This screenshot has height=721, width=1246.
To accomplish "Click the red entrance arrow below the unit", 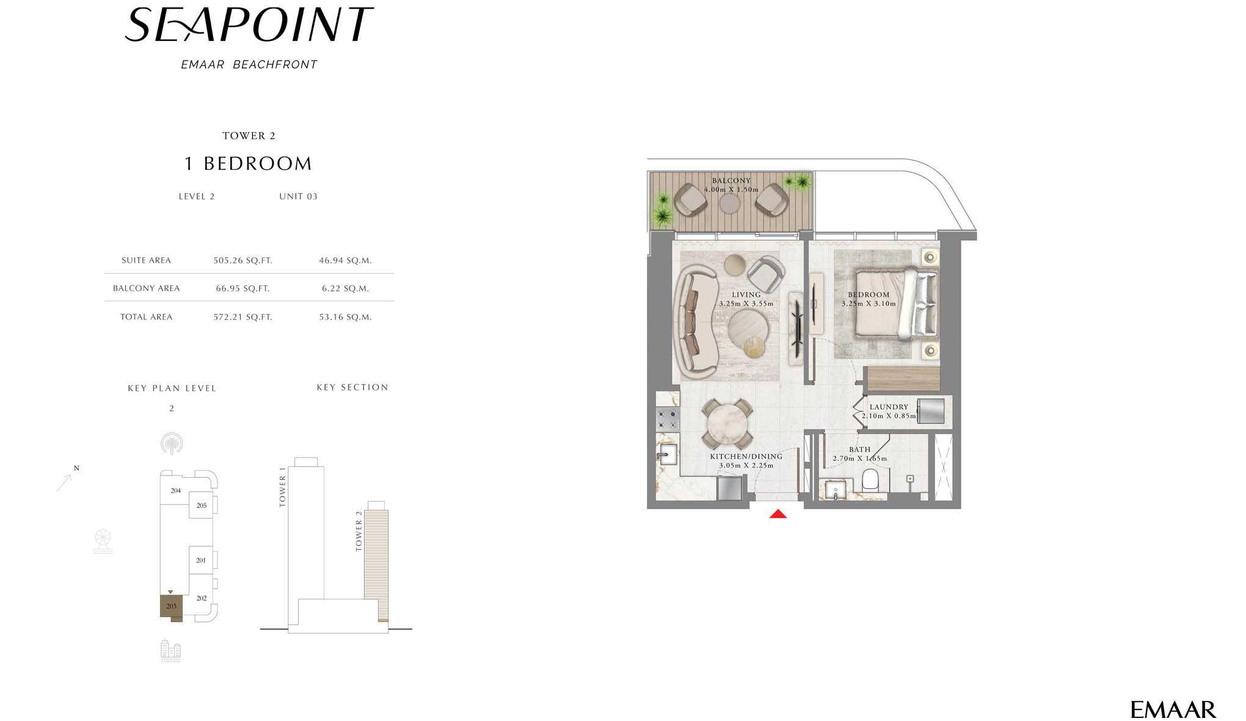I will [778, 514].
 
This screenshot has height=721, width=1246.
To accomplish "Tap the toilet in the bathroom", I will [870, 480].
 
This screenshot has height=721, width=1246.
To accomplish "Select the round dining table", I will [727, 424].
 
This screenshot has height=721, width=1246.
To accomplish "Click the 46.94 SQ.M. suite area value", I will [345, 260].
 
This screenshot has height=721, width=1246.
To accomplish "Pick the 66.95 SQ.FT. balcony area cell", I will [242, 288].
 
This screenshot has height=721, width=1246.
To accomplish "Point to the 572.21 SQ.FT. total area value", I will [242, 317].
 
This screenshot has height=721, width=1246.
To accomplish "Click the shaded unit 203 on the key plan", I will [171, 606].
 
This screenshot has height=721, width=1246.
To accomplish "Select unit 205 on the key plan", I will [202, 505].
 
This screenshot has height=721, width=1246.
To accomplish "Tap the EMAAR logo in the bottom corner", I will [1173, 709].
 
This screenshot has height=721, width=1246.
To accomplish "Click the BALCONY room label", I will [731, 181].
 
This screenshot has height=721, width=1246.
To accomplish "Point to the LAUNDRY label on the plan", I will [889, 407].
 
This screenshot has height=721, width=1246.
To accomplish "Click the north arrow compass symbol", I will [66, 480].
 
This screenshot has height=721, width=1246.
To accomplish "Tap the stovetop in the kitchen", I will [667, 419].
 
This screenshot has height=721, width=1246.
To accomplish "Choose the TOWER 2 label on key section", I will [359, 531].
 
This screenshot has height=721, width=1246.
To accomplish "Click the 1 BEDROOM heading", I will [248, 164].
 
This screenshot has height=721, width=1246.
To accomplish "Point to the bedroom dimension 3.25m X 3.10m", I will [869, 304].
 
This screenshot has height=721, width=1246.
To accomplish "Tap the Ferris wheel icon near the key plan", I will [103, 541].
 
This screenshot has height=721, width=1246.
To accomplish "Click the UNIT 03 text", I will [298, 196].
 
